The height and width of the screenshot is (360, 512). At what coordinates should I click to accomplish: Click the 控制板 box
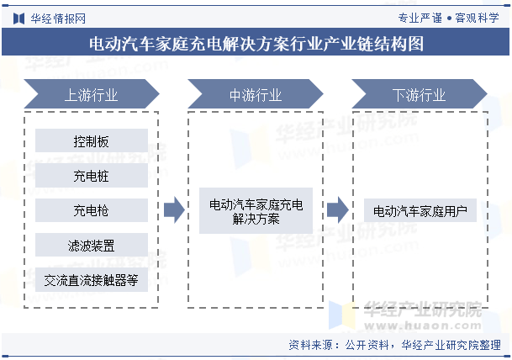(92, 140)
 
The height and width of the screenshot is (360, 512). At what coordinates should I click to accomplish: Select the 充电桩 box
(92, 176)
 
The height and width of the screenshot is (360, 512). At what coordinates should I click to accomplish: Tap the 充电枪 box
(92, 210)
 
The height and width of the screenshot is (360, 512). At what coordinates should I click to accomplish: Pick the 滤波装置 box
(92, 245)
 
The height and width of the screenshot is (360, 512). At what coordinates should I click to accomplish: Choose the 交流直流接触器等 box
(92, 279)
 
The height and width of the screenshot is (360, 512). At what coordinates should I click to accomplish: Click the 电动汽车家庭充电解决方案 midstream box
(256, 210)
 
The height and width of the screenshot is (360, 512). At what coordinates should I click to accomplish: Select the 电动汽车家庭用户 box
(420, 210)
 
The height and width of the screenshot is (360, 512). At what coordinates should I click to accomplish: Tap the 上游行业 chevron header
(92, 93)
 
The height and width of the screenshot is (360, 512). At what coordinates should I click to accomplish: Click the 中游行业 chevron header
(256, 93)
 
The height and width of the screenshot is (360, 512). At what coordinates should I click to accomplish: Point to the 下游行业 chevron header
(420, 93)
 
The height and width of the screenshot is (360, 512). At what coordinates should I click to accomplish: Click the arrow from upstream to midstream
(174, 210)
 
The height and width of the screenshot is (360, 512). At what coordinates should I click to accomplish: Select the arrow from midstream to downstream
(338, 210)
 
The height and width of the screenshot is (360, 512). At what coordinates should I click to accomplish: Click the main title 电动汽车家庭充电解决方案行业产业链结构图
(256, 44)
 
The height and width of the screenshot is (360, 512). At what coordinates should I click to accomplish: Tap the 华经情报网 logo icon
(19, 19)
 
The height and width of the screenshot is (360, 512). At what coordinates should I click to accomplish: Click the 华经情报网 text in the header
(58, 19)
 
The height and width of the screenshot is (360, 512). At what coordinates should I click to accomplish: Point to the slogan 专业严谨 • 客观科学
(448, 18)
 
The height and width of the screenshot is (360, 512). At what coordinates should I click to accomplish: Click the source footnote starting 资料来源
(394, 345)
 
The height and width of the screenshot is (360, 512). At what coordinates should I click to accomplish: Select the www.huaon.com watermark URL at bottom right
(423, 326)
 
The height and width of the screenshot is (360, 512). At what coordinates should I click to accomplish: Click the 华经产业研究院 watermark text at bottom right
(423, 309)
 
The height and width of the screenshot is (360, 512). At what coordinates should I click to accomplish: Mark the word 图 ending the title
(415, 44)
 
